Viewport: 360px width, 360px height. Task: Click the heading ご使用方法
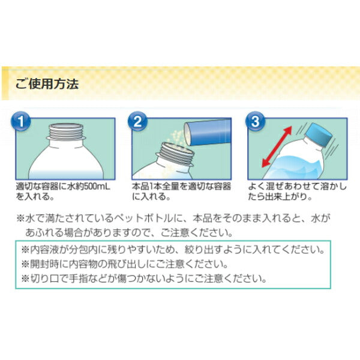(x=47, y=83)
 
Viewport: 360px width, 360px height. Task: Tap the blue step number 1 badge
(x=20, y=121)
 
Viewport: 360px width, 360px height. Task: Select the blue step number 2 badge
(x=137, y=121)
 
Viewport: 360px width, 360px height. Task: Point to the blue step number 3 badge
(x=256, y=121)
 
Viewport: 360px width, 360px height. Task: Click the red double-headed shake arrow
(x=277, y=147)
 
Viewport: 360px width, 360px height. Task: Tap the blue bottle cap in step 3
(x=318, y=135)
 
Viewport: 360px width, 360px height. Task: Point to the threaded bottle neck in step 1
(x=66, y=132)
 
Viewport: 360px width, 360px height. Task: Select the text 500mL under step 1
(x=97, y=187)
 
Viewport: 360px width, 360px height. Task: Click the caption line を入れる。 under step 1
(x=35, y=197)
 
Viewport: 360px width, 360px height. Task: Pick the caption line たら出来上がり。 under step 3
(x=280, y=197)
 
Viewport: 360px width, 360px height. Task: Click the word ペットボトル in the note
(x=142, y=218)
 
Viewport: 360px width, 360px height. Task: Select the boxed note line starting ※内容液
(x=173, y=250)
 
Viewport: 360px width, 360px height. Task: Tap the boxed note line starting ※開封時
(x=124, y=265)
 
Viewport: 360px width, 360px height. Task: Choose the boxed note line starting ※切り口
(x=144, y=279)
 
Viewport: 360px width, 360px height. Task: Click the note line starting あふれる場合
(x=129, y=233)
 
